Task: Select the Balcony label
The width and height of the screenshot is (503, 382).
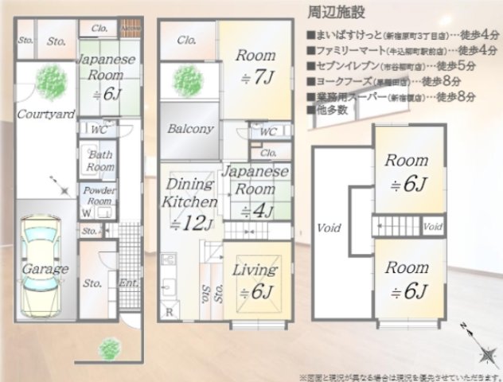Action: pyautogui.click(x=190, y=129)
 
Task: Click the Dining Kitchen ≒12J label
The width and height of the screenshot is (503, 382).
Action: pyautogui.click(x=191, y=204)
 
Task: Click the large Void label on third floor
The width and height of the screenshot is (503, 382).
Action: pyautogui.click(x=329, y=227)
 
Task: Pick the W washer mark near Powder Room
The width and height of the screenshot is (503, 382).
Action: pyautogui.click(x=86, y=212)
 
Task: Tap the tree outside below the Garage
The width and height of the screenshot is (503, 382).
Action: pyautogui.click(x=109, y=348)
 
